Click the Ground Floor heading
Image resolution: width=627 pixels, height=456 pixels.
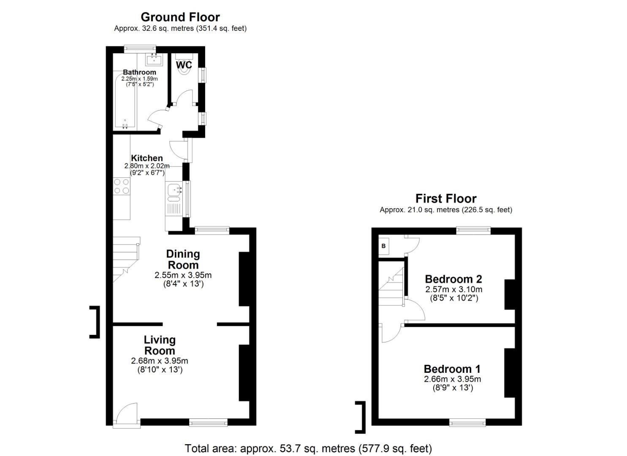180,17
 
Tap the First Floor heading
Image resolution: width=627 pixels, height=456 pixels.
445,198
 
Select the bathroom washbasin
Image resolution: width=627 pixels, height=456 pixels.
154,60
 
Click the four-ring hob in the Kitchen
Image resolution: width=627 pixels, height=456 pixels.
122,186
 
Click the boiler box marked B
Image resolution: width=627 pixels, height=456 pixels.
384,246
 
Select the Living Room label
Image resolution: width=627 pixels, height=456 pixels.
160,345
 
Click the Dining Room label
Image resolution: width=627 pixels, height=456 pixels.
183,259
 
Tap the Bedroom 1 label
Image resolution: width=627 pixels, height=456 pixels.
452,369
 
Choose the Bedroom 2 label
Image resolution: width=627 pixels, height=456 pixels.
453,279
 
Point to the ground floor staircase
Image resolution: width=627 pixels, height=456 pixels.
125,258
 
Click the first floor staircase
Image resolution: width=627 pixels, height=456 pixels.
391,287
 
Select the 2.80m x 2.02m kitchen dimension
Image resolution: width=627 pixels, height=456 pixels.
147,166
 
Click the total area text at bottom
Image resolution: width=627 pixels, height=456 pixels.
308,448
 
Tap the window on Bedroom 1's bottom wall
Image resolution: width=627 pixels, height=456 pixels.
467,422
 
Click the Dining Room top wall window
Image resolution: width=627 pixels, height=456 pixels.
212,231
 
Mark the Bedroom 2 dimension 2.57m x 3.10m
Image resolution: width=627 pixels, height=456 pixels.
453,290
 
